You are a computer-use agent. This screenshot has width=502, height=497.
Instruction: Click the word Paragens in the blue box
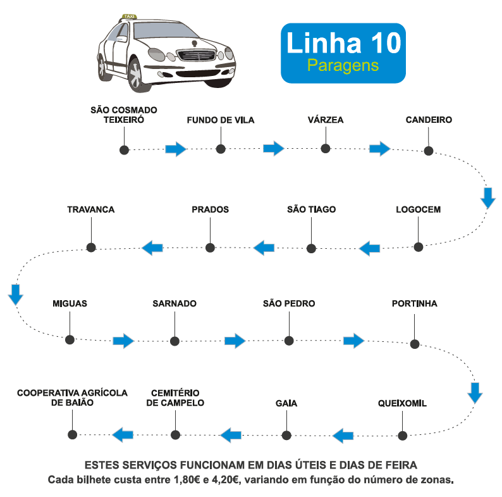pyautogui.click(x=343, y=65)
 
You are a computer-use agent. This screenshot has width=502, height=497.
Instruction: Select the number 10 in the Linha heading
pyautogui.click(x=383, y=42)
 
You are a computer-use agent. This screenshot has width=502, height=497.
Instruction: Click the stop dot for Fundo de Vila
pyautogui.click(x=221, y=149)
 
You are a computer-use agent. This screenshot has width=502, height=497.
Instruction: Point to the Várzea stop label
pyautogui.click(x=326, y=120)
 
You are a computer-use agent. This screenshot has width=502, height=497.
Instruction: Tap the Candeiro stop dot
pyautogui.click(x=429, y=151)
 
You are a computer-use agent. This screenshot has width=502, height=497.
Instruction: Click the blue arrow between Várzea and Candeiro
pyautogui.click(x=380, y=149)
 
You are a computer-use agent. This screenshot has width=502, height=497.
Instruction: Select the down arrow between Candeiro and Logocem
pyautogui.click(x=487, y=198)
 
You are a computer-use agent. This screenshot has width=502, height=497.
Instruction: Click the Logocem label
pyautogui.click(x=418, y=210)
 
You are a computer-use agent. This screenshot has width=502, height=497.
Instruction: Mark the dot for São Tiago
pyautogui.click(x=310, y=248)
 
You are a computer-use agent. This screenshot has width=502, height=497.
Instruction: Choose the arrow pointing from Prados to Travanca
pyautogui.click(x=152, y=248)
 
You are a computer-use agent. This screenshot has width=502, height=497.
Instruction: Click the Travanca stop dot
pyautogui.click(x=91, y=247)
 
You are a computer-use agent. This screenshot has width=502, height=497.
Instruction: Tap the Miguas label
pyautogui.click(x=70, y=304)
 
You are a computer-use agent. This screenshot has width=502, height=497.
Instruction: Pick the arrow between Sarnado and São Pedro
pyautogui.click(x=235, y=341)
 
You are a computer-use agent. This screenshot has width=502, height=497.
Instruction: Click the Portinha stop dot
pyautogui.click(x=415, y=344)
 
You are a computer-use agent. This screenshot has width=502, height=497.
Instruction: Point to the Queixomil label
pyautogui.click(x=402, y=403)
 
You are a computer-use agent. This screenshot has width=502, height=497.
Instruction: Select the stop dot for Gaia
pyautogui.click(x=286, y=435)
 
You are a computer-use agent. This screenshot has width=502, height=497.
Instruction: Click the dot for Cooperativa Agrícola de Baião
pyautogui.click(x=72, y=434)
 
